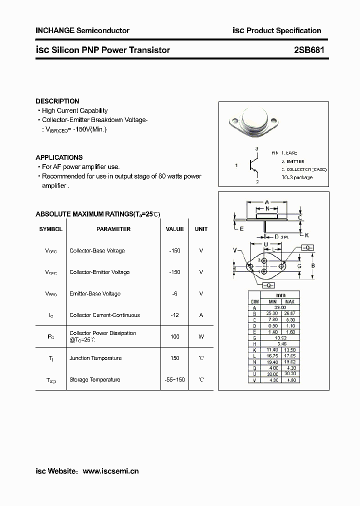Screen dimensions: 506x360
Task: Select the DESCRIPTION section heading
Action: point(57,101)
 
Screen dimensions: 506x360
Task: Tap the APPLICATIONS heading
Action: point(59,157)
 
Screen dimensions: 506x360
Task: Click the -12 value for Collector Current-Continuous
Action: point(174,315)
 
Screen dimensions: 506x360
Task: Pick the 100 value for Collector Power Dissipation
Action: point(174,336)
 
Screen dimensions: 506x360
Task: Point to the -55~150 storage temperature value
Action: point(174,379)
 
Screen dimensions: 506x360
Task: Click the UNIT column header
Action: point(201,229)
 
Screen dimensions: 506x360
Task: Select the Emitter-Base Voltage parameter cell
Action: point(95,293)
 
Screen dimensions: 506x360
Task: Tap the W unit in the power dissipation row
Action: point(201,336)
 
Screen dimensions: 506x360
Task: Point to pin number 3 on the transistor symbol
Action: point(256,149)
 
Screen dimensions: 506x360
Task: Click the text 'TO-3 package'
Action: point(296,177)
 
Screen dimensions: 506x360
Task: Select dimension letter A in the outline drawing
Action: point(267,202)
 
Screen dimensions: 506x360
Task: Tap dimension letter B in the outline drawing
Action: point(313,265)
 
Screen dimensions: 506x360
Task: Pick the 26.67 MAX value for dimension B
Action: point(289,314)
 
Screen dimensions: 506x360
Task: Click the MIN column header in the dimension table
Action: point(272,302)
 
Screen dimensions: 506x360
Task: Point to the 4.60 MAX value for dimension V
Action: point(289,380)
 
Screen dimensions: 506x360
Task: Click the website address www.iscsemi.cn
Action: point(110,471)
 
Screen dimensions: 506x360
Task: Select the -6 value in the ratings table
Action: point(174,293)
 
